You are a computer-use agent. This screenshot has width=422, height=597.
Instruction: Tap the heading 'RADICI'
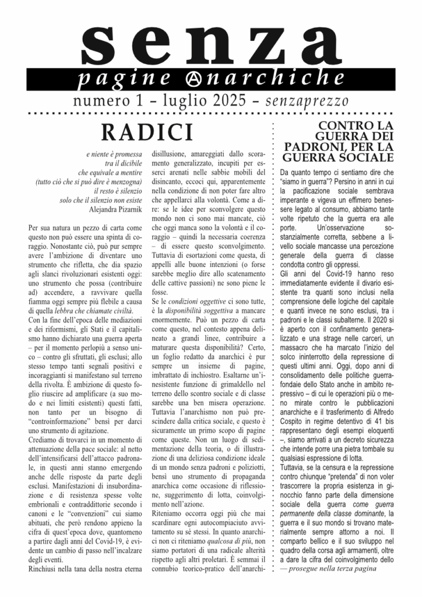pyautogui.click(x=147, y=132)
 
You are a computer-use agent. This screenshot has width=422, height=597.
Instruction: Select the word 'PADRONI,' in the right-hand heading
pyautogui.click(x=320, y=146)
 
